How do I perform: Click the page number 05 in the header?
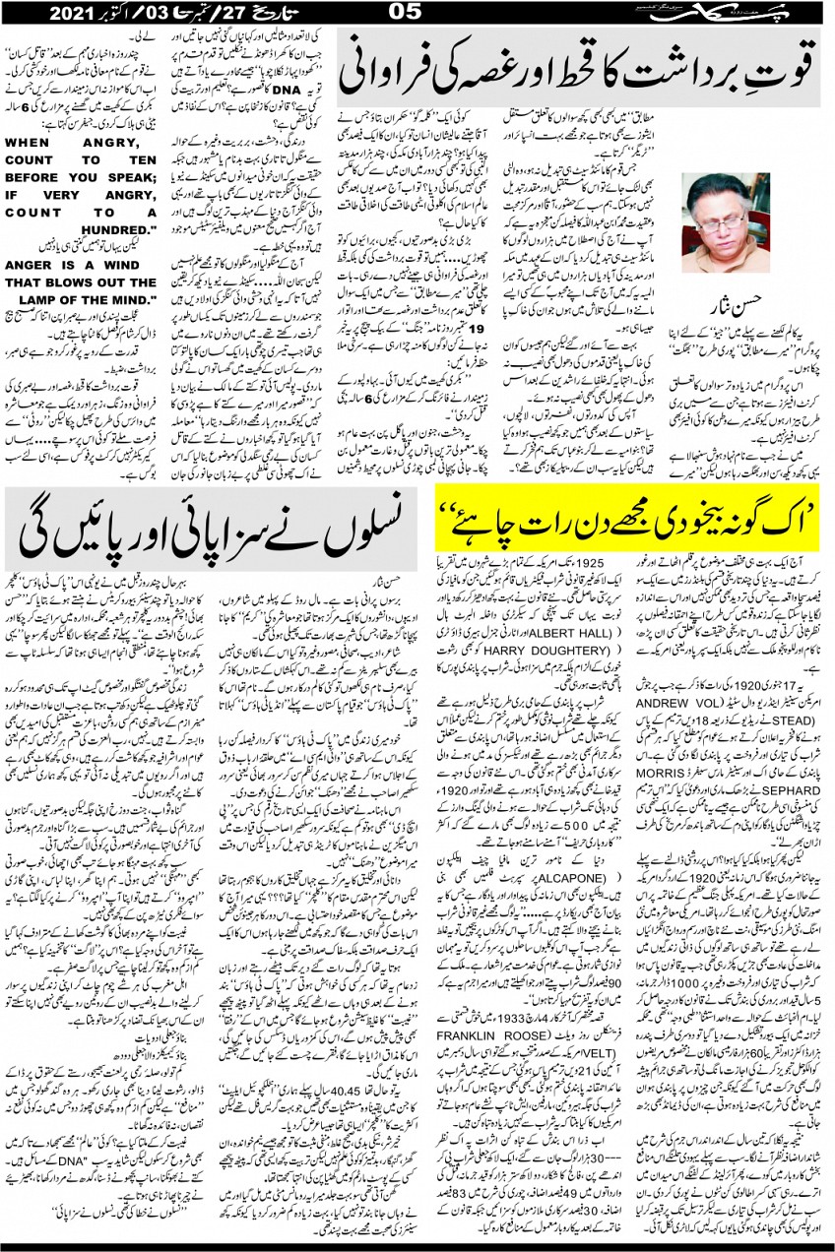[x=406, y=12]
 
